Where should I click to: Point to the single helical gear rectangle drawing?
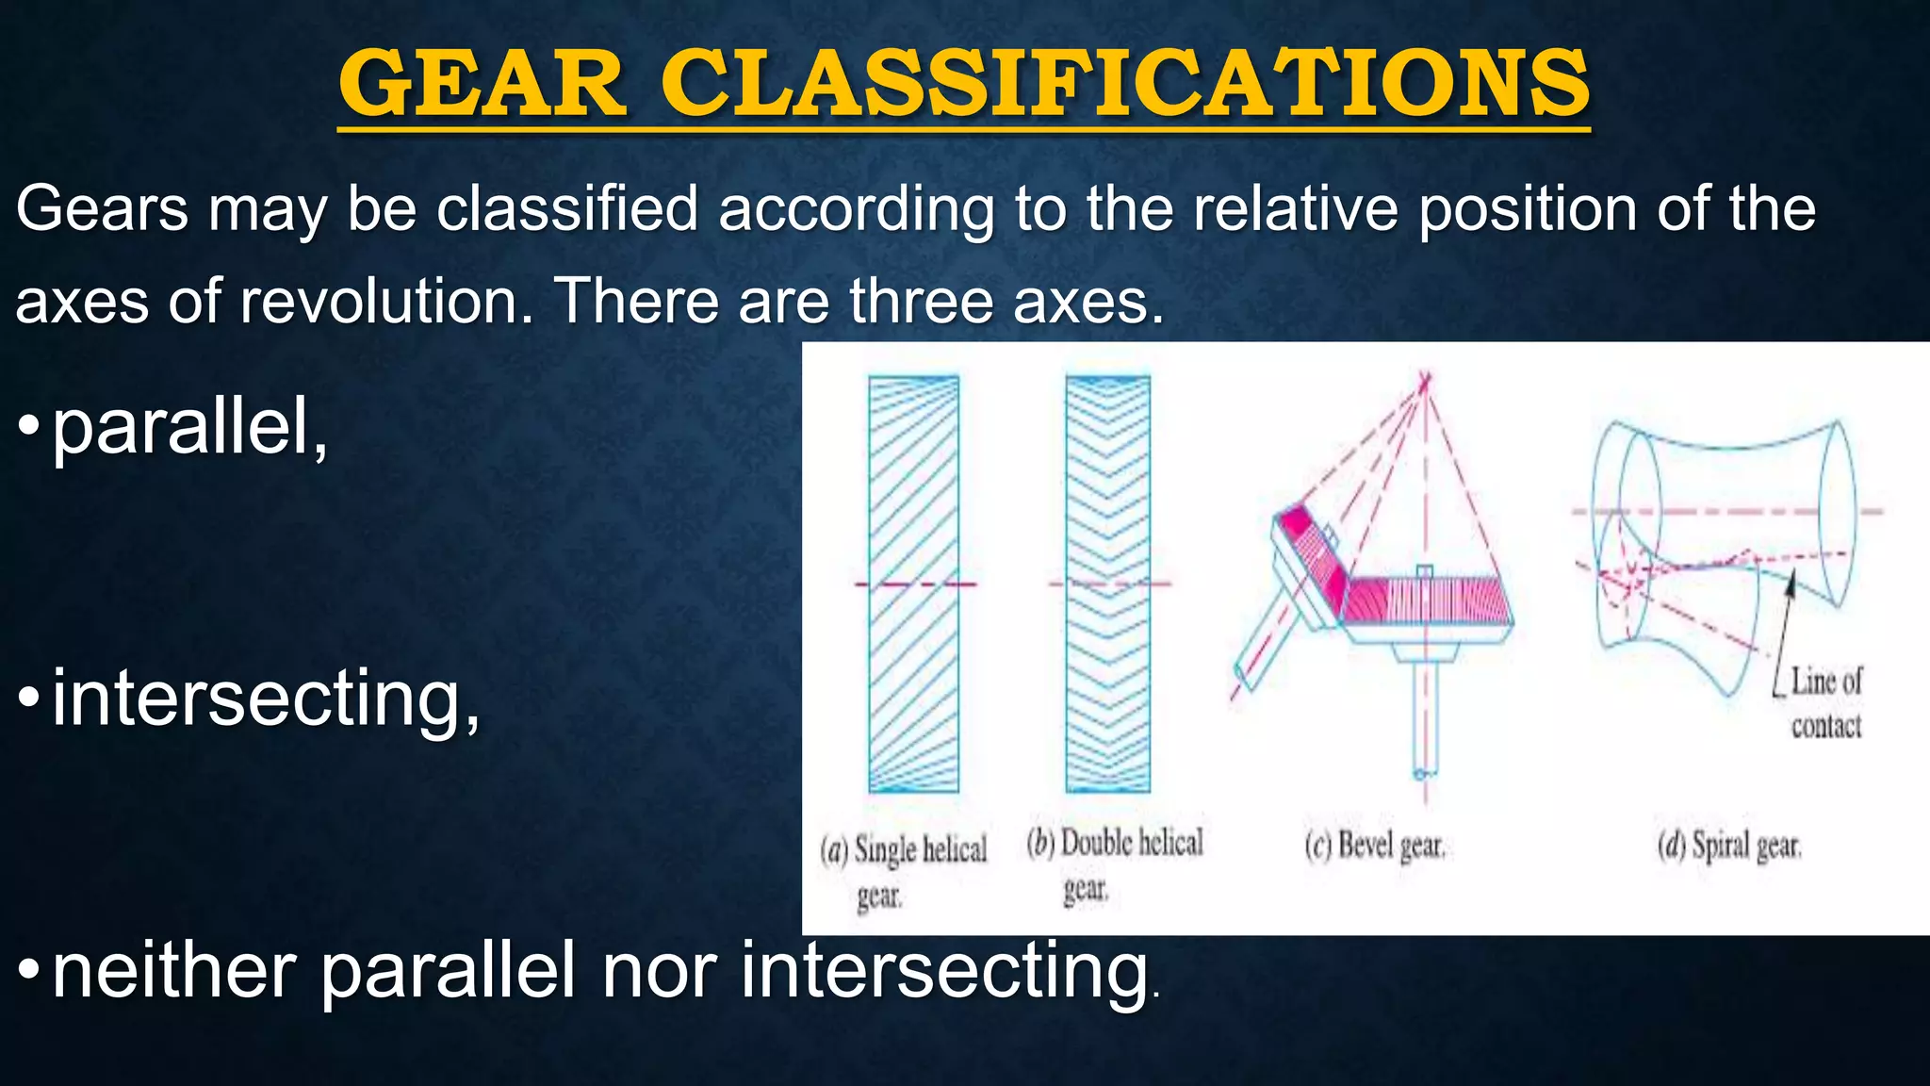(913, 584)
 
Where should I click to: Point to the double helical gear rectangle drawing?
(1107, 584)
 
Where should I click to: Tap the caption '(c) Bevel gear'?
(1374, 846)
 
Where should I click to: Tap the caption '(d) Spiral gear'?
(1729, 846)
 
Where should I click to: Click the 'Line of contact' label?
(1825, 702)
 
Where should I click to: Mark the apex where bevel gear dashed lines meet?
(1425, 380)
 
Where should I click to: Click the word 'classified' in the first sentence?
(566, 208)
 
